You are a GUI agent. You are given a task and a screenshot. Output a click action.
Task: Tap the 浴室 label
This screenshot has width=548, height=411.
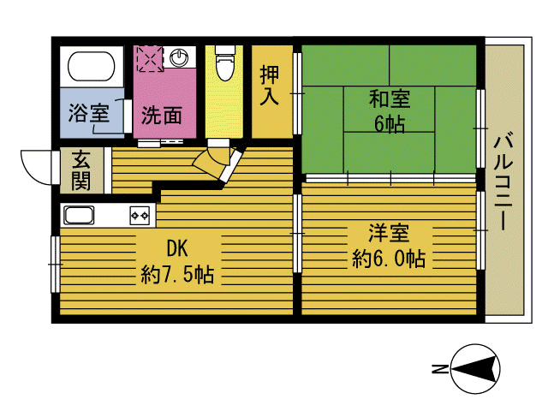(88, 114)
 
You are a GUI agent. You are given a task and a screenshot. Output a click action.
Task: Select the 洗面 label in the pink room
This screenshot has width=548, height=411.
(161, 115)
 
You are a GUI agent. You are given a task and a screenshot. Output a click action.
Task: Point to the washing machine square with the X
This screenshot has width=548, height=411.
(149, 59)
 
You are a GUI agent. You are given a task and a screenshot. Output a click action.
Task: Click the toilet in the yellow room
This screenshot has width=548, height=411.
(224, 63)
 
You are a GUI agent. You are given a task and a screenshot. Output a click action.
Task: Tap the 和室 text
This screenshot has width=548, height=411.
(389, 98)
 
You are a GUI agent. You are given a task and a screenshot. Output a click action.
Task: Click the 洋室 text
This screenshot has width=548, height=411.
(389, 233)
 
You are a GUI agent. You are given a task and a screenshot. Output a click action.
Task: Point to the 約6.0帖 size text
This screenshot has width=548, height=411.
(389, 259)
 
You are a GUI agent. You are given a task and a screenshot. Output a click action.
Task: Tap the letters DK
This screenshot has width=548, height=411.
(176, 249)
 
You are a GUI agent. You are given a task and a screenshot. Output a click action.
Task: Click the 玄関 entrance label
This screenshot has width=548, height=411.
(81, 170)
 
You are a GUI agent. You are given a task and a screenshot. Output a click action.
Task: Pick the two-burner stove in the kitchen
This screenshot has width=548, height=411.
(140, 214)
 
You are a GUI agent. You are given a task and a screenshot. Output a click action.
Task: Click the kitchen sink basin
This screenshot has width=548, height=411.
(80, 215)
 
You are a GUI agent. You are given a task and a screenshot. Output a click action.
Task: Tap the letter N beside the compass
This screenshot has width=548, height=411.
(438, 370)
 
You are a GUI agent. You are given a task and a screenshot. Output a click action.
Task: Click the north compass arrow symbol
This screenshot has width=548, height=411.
(474, 370)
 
